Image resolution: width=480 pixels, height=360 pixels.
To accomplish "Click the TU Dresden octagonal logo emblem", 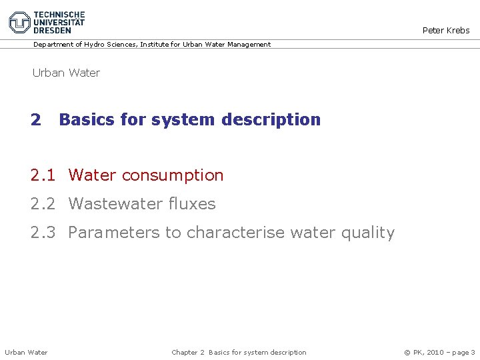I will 20,22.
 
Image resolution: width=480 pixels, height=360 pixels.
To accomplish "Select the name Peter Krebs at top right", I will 446,30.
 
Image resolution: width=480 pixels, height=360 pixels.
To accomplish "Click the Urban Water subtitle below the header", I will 66,73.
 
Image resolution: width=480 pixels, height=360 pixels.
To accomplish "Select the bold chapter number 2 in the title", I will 35,120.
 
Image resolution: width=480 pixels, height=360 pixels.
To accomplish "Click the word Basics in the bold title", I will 85,120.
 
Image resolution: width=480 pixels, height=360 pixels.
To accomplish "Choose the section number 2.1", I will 43,175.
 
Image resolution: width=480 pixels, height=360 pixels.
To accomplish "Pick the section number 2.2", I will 43,204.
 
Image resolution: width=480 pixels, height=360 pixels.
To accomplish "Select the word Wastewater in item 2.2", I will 115,204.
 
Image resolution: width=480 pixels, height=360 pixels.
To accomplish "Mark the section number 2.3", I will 43,233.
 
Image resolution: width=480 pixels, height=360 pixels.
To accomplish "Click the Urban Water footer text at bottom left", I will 26,352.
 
